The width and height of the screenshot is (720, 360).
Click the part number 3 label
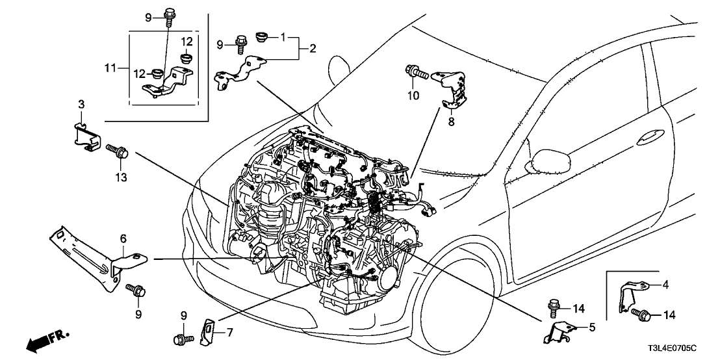coord(81,104)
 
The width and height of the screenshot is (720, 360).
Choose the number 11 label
coord(110,68)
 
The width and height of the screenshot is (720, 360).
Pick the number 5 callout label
coord(590,328)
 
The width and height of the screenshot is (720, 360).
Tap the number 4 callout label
coord(664,283)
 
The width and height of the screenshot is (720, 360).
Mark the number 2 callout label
coord(313,49)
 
